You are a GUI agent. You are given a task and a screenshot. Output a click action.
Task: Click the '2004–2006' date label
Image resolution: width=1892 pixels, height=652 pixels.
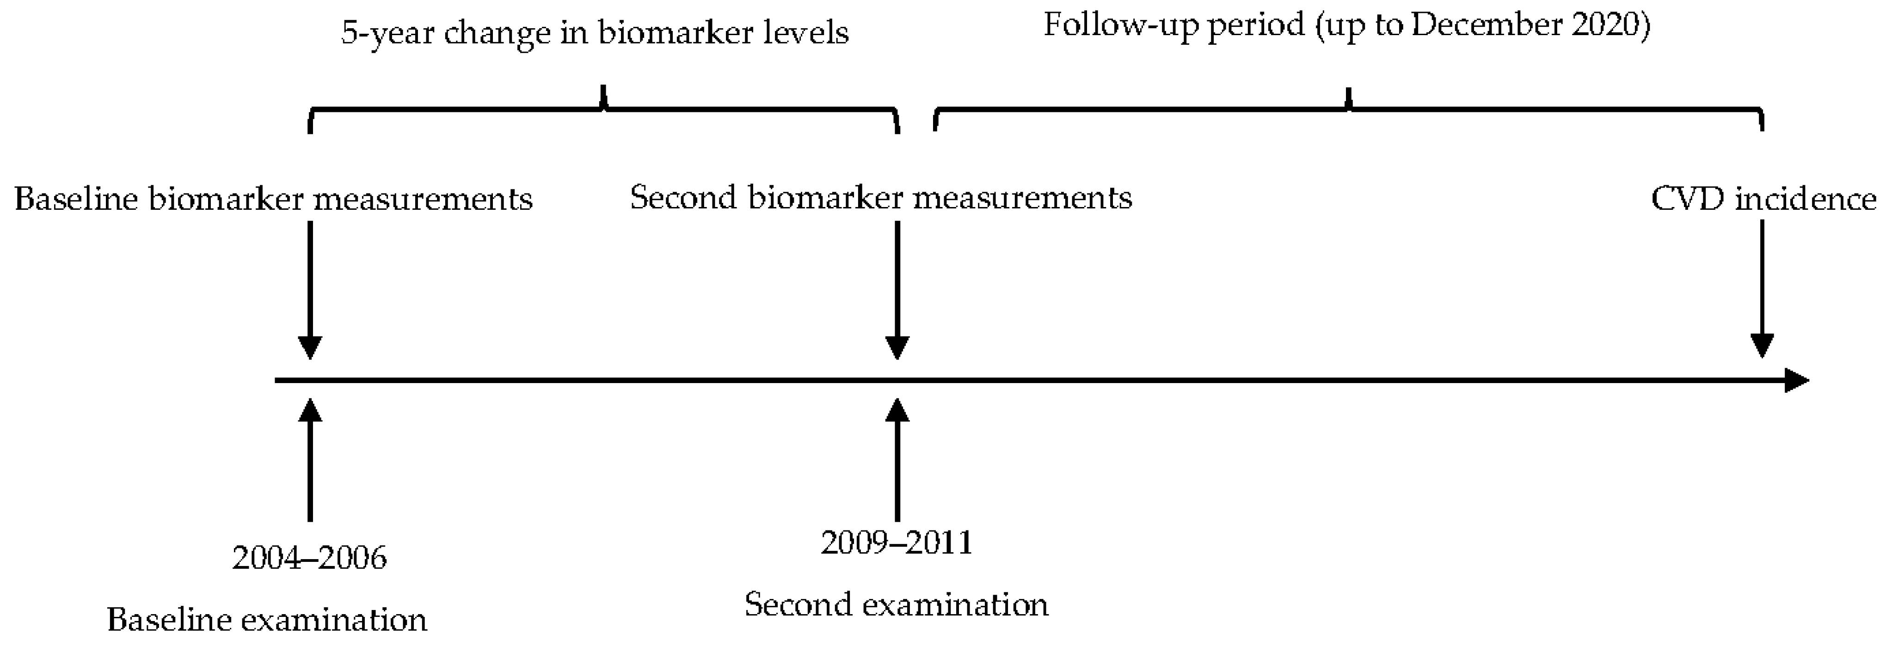309,558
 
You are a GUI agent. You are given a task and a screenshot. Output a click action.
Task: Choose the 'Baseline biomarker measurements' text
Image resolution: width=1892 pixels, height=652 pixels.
273,199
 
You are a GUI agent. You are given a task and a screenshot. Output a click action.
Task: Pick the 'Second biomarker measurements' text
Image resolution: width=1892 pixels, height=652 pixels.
881,197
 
